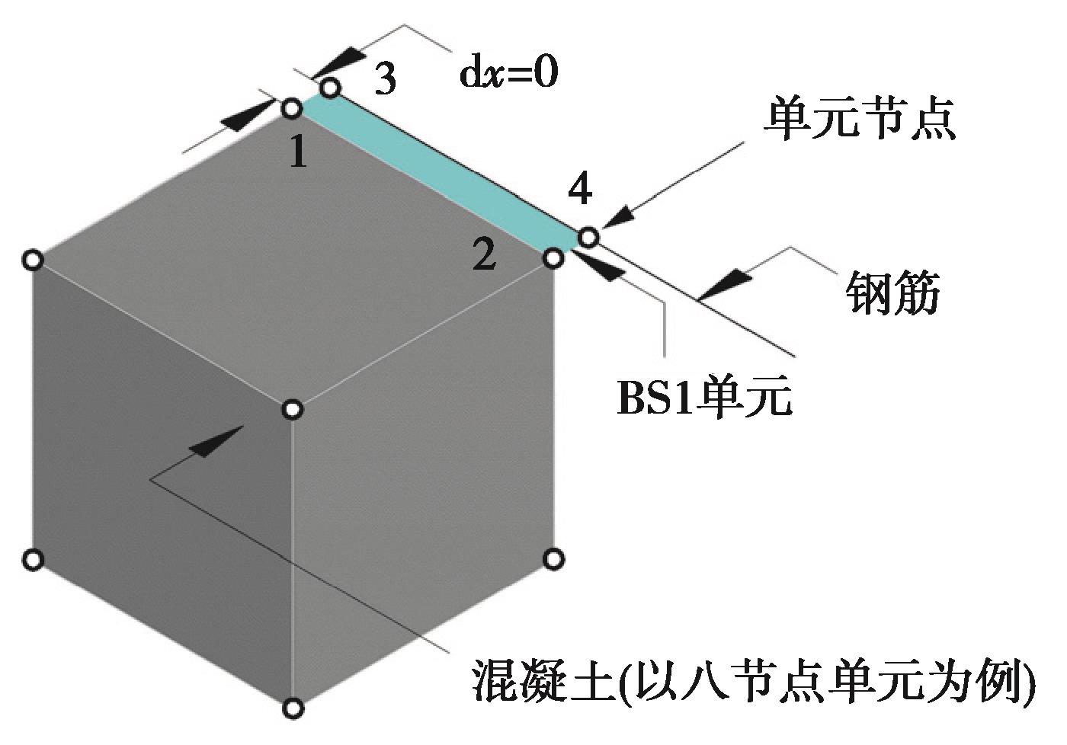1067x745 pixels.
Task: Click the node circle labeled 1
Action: [292, 108]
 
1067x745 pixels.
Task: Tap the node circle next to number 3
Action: [329, 88]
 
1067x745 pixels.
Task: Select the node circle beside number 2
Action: [553, 259]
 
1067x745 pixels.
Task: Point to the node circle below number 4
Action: [588, 237]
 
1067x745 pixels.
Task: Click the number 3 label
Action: [385, 79]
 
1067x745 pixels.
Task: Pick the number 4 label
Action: [580, 188]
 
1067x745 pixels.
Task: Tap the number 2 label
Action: [484, 254]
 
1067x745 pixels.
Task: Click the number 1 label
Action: [299, 152]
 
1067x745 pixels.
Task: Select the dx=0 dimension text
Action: [508, 74]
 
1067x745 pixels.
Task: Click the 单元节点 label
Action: [860, 119]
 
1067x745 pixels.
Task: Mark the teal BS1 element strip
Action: [440, 173]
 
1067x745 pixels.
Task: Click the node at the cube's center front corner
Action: [293, 409]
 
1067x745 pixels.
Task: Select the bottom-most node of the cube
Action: [293, 708]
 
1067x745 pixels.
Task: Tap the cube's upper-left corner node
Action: [33, 261]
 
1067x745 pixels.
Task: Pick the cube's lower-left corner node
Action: [33, 559]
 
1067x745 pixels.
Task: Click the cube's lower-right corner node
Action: [553, 559]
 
